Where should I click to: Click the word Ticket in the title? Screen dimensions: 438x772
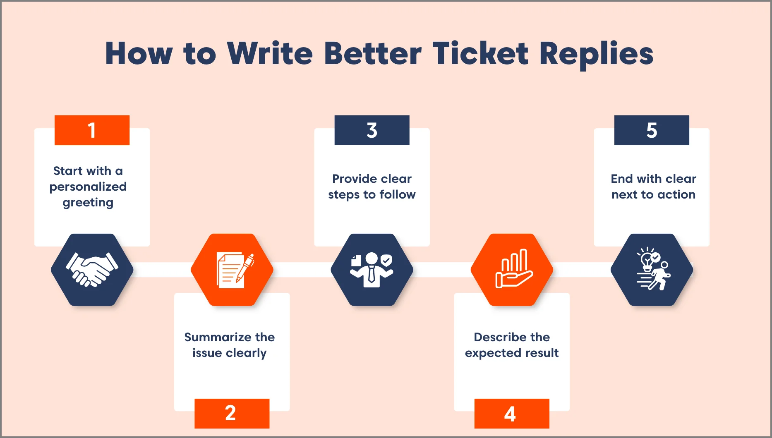480,54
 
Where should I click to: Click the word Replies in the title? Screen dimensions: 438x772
596,54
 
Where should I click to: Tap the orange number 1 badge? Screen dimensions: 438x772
92,130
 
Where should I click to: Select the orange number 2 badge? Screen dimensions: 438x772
232,413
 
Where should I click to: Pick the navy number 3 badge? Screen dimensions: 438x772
372,130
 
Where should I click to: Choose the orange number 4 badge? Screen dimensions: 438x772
512,413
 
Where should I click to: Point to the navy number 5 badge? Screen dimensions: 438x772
652,130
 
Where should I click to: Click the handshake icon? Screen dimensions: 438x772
92,270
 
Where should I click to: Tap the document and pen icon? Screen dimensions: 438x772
232,270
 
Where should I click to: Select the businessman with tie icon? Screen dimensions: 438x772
372,270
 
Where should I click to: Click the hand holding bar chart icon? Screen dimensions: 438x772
512,270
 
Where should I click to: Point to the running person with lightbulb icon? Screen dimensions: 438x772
652,270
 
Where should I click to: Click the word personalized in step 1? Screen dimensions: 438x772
88,187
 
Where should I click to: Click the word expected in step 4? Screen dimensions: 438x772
487,353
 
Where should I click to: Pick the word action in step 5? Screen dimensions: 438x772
676,194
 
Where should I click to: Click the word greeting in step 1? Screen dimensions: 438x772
88,203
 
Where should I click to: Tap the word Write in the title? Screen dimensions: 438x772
270,54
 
